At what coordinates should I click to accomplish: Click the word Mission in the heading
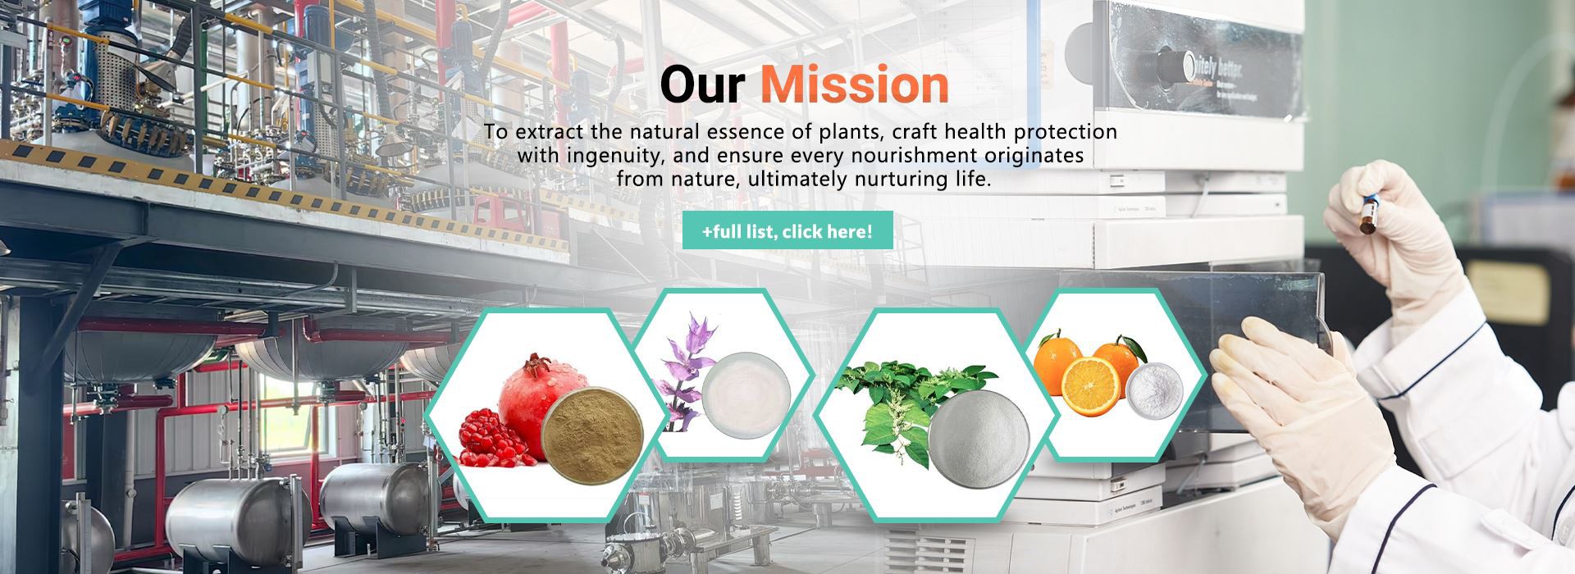(854, 84)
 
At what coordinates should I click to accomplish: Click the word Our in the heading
(702, 84)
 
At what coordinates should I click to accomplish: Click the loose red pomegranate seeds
(490, 437)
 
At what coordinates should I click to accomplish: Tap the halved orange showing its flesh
(1090, 387)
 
